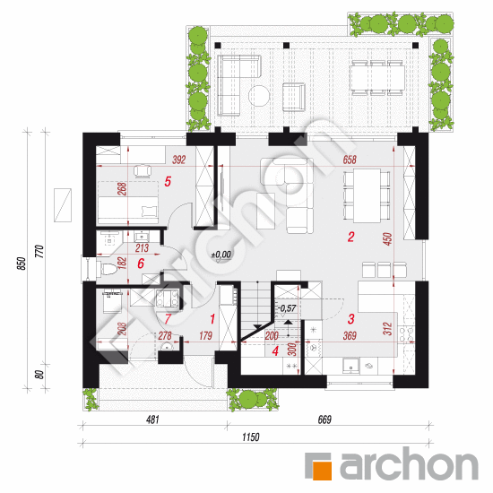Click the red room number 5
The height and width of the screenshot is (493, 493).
pos(168,181)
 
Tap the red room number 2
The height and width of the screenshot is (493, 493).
pos(350,237)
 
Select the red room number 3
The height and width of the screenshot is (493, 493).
pos(351,319)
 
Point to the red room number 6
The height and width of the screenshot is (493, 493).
pos(141,264)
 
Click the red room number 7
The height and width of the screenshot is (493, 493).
pos(168,319)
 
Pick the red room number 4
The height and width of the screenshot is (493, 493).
pos(275,351)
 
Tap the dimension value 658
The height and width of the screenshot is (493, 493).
pos(350,160)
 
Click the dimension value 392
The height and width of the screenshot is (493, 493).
pos(179,160)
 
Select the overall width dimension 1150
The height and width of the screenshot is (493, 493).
pos(251,437)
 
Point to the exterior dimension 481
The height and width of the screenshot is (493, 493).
pos(152,419)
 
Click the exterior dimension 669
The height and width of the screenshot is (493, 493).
pos(324,419)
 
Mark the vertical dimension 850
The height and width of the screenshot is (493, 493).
pos(21,264)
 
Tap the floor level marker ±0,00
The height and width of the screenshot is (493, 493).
pos(221,255)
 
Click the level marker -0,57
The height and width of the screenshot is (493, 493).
pos(287,308)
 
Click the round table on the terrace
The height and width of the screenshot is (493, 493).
pos(259,96)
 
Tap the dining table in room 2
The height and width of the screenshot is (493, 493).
pos(367,195)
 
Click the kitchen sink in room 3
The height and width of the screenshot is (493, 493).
pos(350,366)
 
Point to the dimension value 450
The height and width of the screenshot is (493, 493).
pos(388,239)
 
